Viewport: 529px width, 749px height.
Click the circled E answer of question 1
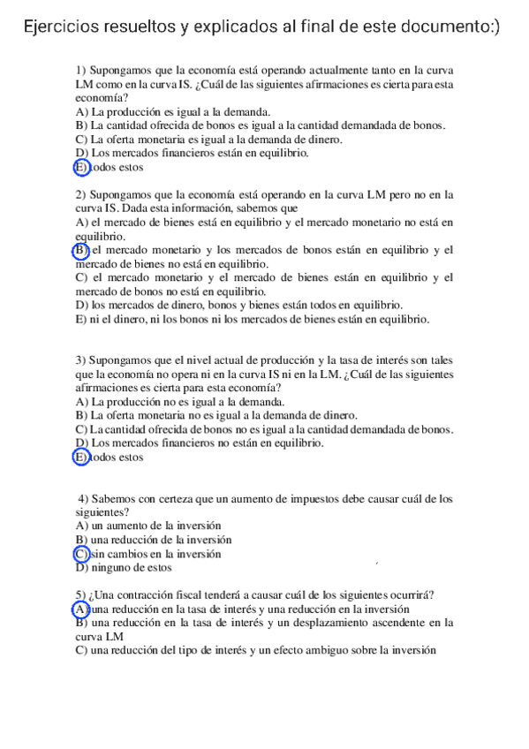tap(82, 166)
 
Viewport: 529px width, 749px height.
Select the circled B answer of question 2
tap(82, 250)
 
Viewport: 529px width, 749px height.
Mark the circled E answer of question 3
tap(82, 457)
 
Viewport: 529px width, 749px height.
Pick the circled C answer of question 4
tap(82, 554)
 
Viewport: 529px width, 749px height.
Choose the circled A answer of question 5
tap(81, 609)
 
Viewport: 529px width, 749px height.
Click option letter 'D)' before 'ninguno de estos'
tap(82, 568)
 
